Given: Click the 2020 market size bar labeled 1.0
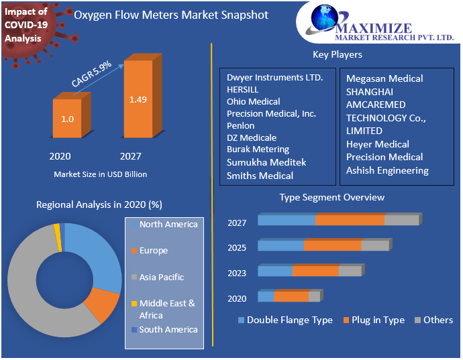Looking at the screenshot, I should coord(67,119).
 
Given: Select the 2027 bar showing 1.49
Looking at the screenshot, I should coord(138,101).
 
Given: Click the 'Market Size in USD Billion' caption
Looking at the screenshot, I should coord(100,174).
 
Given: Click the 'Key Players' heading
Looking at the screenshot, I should coord(337,54).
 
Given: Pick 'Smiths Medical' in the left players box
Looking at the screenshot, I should coord(260,176).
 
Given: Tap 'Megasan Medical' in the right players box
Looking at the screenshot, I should coord(384,78).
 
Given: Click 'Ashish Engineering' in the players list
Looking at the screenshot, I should coord(387,170).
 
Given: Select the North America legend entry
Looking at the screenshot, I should coord(168,225).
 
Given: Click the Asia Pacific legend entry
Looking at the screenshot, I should coord(161,277).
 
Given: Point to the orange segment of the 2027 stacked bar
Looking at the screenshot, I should coord(350,221).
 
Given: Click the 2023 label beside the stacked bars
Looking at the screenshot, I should coord(237,273).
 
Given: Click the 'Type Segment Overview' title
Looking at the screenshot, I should coord(332,197).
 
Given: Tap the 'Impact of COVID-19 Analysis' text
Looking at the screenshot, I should coord(26,25).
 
